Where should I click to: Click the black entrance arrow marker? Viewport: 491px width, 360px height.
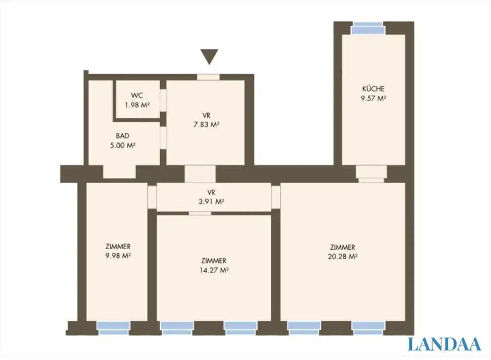209,56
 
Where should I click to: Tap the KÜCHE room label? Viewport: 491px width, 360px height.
373,89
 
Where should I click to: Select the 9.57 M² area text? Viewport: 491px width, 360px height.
373,98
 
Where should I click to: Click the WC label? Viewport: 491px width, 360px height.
137,96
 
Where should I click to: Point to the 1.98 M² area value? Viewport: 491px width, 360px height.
137,105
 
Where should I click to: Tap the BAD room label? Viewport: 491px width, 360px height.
122,136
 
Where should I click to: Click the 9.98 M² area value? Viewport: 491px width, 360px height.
118,255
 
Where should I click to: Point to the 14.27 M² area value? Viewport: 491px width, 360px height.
214,270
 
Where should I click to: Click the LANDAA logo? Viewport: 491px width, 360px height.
444,344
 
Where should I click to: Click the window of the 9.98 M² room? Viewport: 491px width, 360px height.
114,327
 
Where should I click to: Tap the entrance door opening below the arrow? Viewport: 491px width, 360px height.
209,77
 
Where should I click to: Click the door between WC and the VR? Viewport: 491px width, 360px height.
163,100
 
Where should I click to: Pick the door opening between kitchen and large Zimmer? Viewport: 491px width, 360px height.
371,174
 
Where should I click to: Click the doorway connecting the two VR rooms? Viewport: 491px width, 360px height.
200,174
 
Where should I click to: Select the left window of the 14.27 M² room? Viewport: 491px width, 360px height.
176,327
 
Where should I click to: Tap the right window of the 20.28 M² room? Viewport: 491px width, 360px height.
368,327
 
